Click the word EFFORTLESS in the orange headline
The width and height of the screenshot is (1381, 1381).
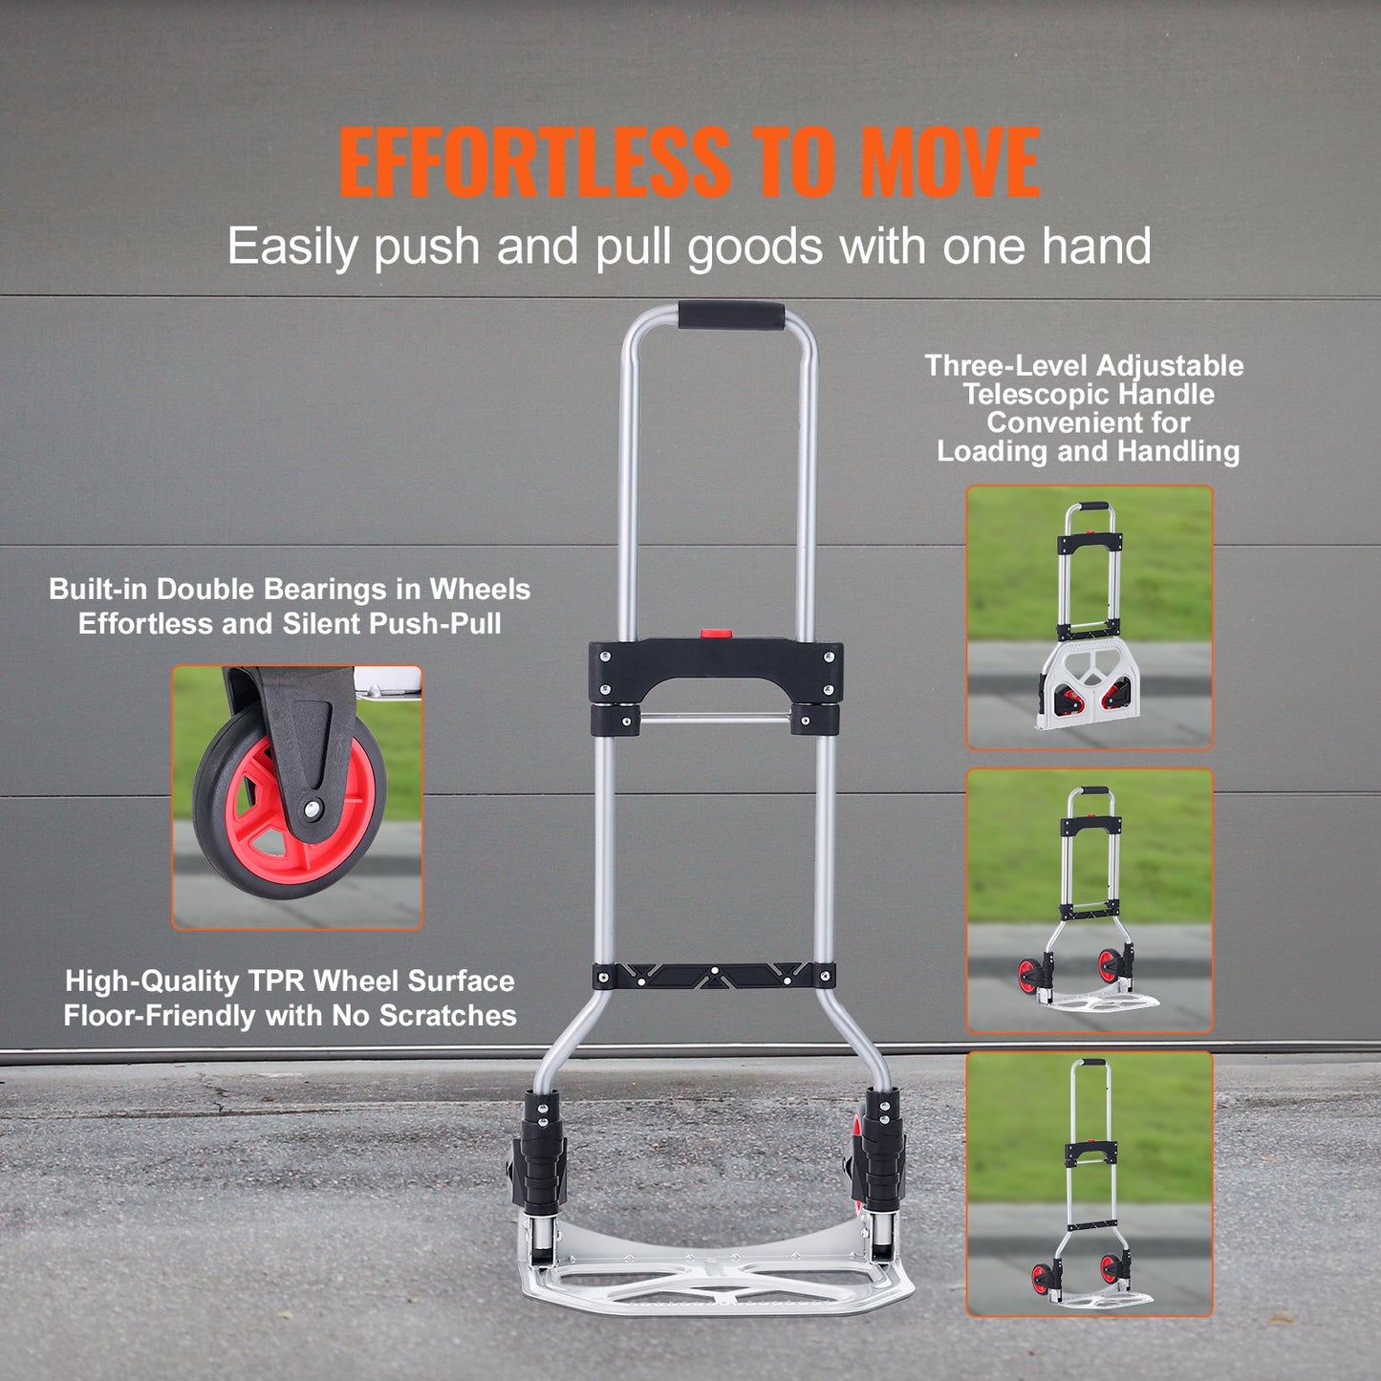pos(532,162)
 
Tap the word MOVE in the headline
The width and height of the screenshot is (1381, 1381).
pos(949,162)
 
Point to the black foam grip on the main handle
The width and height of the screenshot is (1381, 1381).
pos(731,316)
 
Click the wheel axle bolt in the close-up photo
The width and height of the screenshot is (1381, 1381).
pos(312,809)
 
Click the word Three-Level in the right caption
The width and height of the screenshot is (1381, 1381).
pos(1007,366)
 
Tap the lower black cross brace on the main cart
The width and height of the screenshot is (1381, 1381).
pos(714,976)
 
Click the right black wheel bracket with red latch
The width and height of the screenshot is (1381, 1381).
pos(880,1156)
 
